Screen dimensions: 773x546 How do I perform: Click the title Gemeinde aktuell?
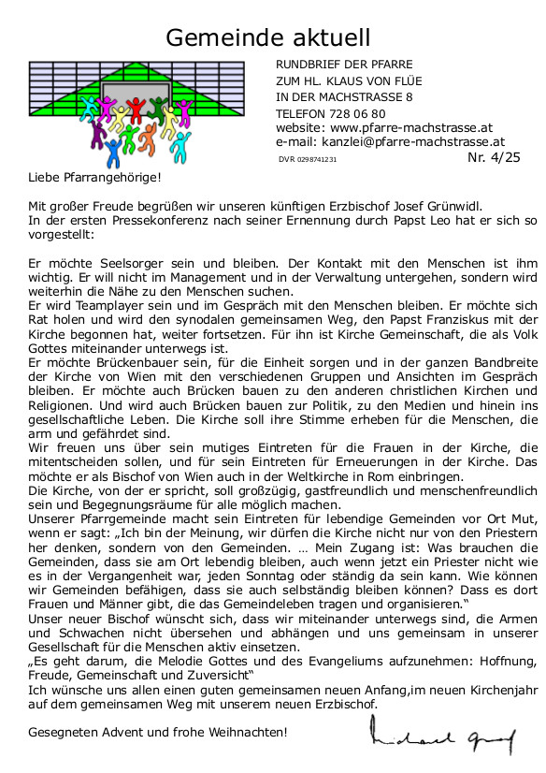[268, 37]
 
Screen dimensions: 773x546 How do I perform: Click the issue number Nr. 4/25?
[494, 157]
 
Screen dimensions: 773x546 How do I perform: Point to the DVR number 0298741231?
[321, 160]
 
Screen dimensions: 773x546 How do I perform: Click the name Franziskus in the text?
[421, 321]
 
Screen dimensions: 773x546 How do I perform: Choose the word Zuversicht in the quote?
[211, 675]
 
